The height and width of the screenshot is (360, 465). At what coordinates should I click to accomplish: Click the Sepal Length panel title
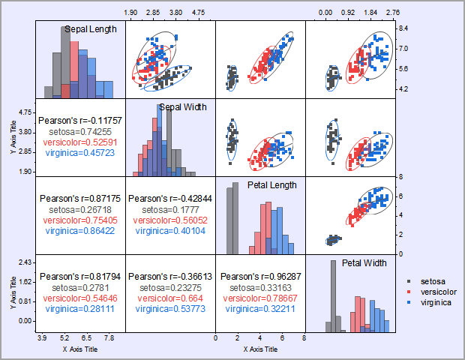tap(90, 29)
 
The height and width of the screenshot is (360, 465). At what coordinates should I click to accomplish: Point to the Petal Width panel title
tap(364, 263)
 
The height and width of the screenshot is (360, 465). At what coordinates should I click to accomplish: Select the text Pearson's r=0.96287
tap(260, 276)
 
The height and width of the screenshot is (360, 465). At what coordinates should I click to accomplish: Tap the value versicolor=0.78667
tap(260, 298)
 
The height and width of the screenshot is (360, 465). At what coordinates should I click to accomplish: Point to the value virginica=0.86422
tap(80, 231)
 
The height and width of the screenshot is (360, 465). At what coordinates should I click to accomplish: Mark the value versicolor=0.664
tap(170, 298)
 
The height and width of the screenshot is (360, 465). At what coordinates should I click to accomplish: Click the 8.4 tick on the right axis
tap(403, 28)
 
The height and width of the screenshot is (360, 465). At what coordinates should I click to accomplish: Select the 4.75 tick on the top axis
tap(199, 13)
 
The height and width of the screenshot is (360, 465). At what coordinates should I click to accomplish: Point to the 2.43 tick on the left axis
tap(25, 262)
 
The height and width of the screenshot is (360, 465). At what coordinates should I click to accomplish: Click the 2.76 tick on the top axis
tap(393, 13)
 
